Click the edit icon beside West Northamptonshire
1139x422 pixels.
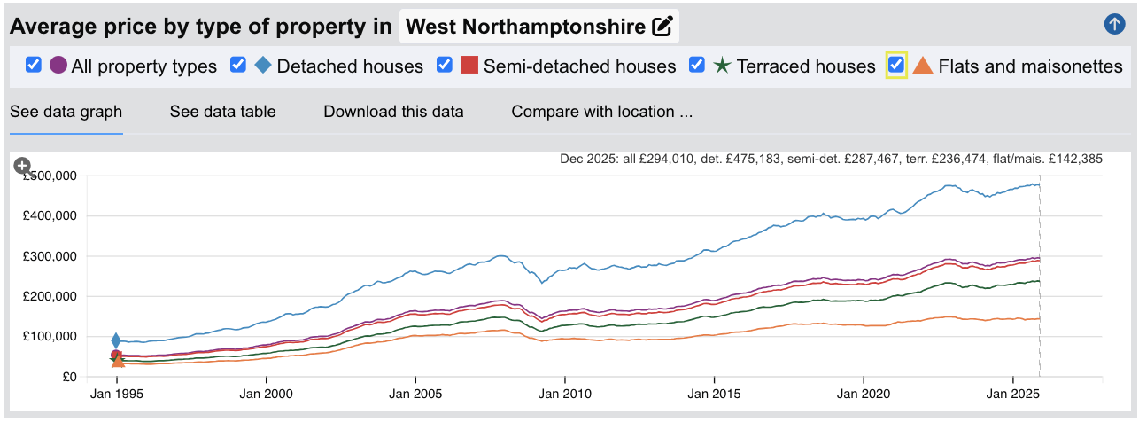click(662, 27)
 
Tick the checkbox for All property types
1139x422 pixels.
click(34, 65)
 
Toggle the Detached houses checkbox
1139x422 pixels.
click(237, 65)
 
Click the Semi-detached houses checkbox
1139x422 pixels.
click(445, 65)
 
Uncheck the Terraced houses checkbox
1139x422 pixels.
click(697, 65)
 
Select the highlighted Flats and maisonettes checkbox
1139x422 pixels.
click(896, 65)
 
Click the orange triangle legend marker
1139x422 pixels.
click(923, 65)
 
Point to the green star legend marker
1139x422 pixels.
click(722, 66)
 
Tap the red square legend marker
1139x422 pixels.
click(469, 65)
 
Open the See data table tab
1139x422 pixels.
click(222, 112)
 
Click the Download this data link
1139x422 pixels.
click(393, 112)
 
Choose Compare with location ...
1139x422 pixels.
click(601, 112)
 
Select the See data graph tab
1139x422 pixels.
click(66, 112)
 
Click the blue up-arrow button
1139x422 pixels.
click(1114, 25)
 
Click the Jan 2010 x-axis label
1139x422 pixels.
click(565, 392)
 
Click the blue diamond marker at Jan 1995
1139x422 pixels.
click(116, 340)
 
